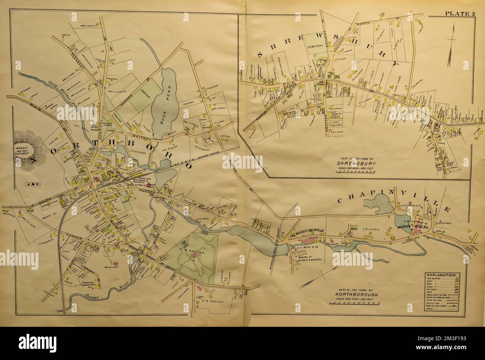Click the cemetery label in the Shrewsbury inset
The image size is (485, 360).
[x=316, y=47]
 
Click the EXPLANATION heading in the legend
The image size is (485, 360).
[x=441, y=275]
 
